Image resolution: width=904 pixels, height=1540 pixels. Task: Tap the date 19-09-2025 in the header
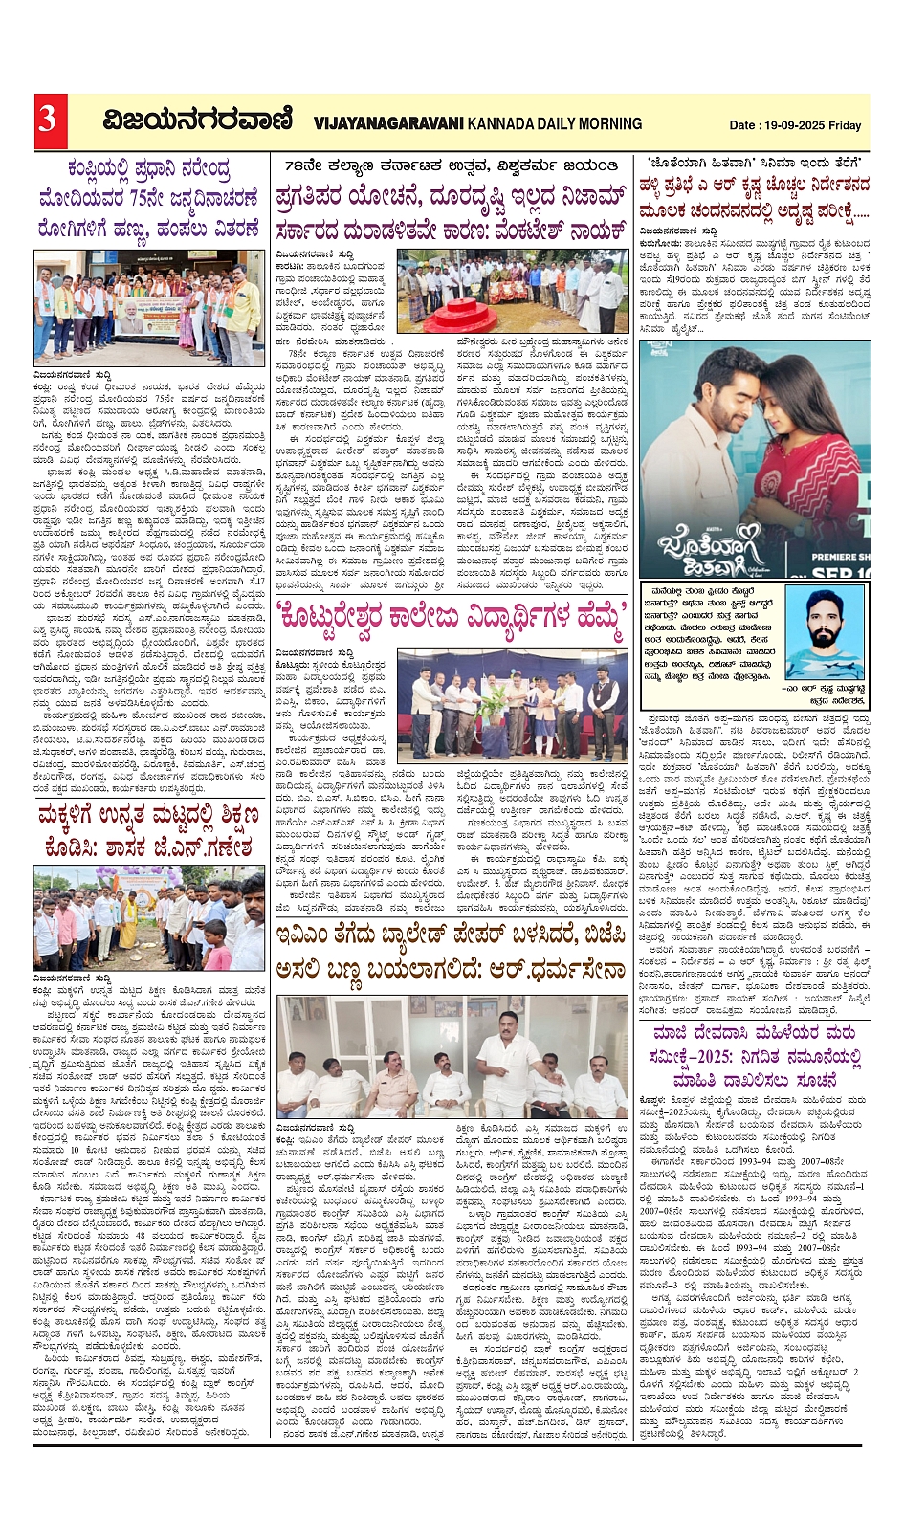click(793, 125)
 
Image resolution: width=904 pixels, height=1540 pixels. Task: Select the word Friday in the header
click(845, 125)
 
